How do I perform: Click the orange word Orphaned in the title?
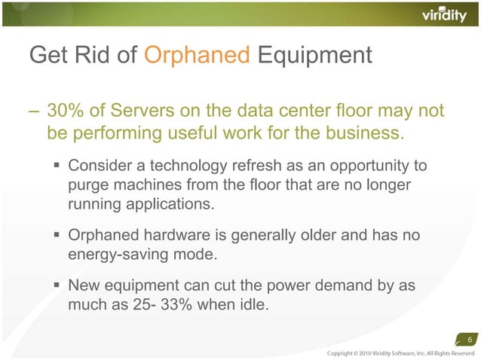tap(198, 55)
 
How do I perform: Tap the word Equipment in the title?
tap(314, 55)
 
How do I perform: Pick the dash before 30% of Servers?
tap(33, 112)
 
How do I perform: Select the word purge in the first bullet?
tap(88, 185)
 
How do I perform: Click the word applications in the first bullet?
tap(167, 204)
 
